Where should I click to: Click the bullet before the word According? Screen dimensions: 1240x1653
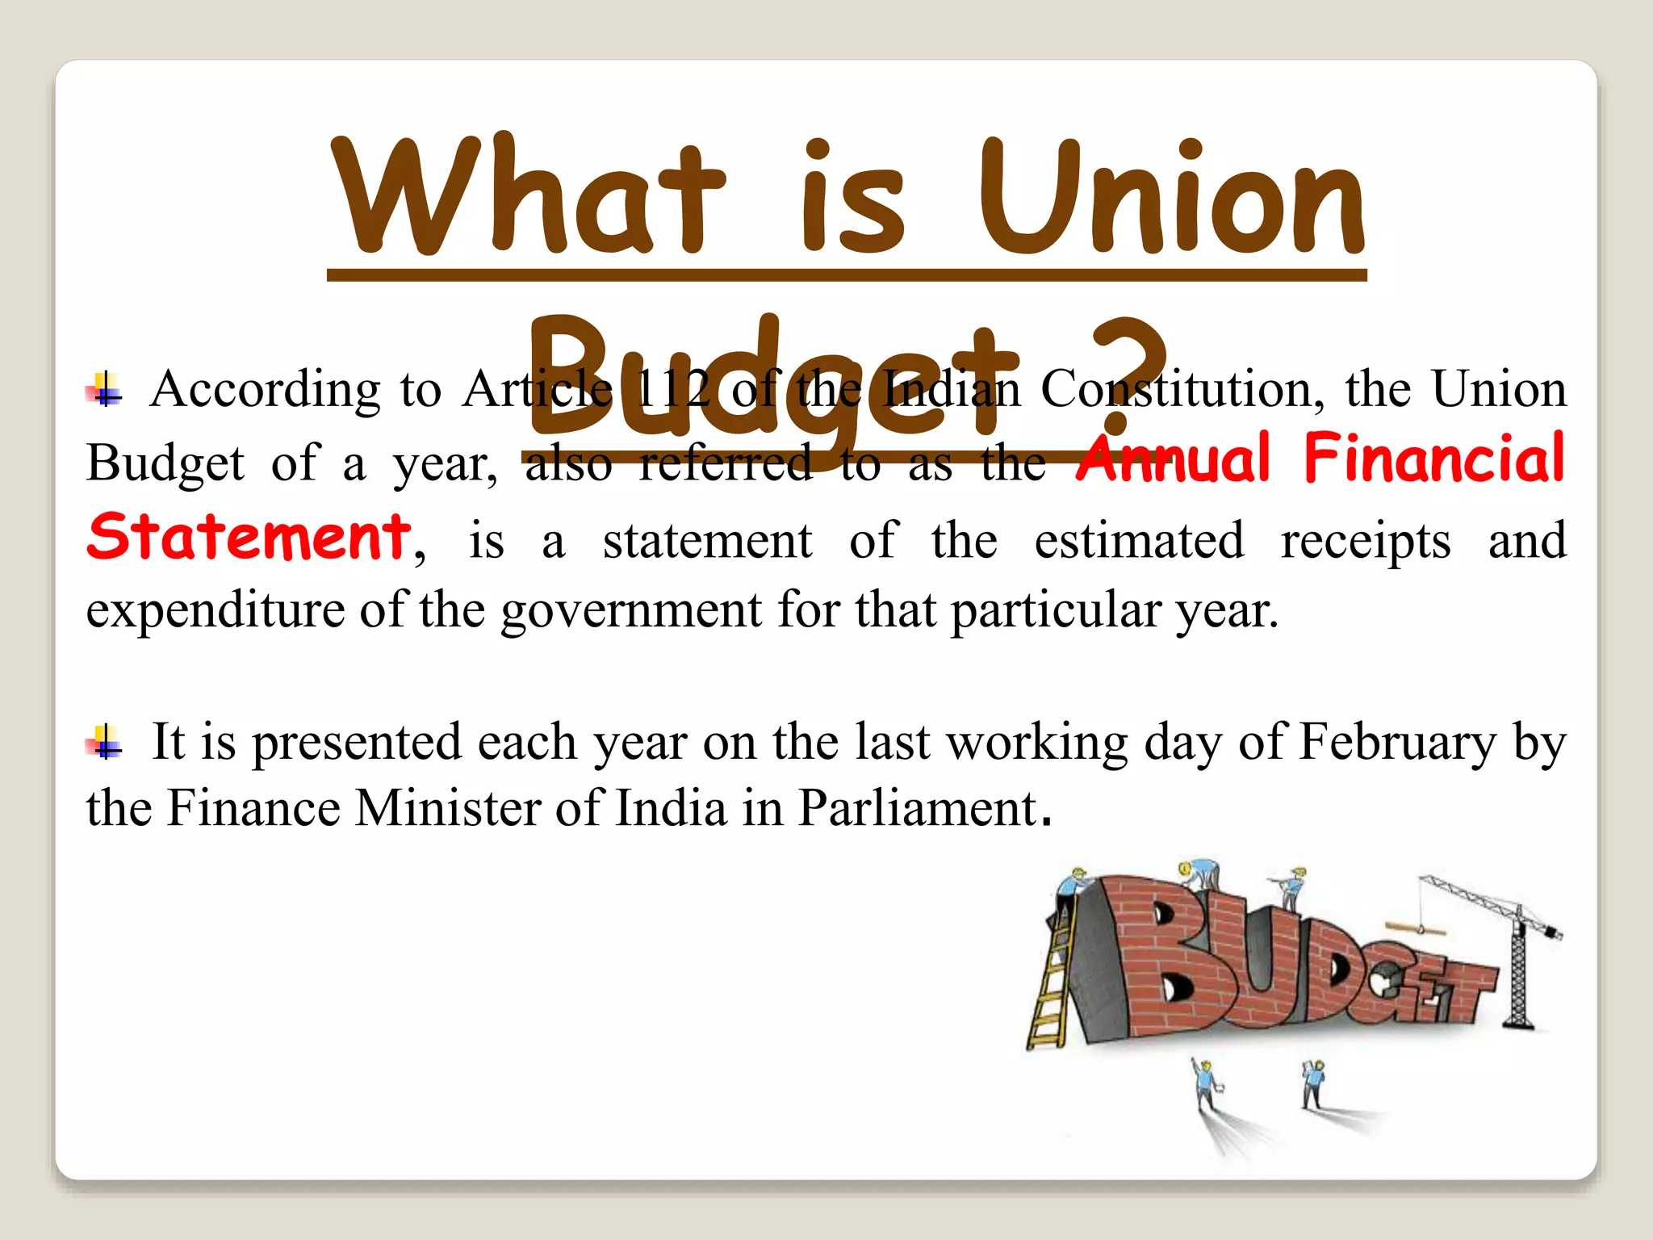click(105, 391)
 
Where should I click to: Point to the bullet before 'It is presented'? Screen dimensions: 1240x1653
click(105, 742)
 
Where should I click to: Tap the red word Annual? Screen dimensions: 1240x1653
click(1174, 459)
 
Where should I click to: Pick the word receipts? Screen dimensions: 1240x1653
click(1366, 541)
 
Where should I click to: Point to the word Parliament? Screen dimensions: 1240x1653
click(917, 808)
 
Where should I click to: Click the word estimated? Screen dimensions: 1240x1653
click(1139, 541)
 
